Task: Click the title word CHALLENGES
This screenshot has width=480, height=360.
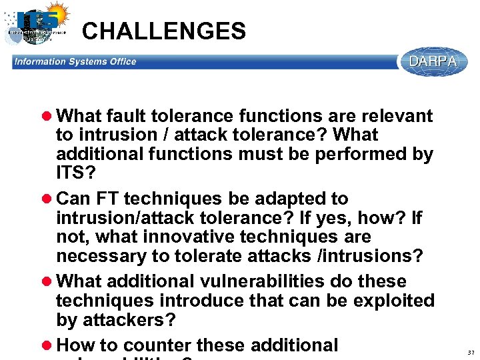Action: pyautogui.click(x=163, y=31)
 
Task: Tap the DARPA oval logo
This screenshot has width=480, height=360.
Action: pyautogui.click(x=433, y=61)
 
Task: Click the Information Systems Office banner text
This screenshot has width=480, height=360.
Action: pyautogui.click(x=75, y=62)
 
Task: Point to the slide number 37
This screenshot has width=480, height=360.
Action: pyautogui.click(x=471, y=352)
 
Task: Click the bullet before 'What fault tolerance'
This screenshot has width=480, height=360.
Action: pyautogui.click(x=49, y=116)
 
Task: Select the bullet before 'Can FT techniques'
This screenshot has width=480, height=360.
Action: pyautogui.click(x=49, y=199)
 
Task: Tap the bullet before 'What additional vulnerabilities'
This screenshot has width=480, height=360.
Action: pyautogui.click(x=49, y=281)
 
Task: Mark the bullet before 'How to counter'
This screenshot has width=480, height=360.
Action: pyautogui.click(x=49, y=345)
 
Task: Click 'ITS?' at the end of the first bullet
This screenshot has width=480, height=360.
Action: pyautogui.click(x=75, y=173)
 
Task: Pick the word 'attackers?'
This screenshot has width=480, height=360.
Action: pyautogui.click(x=129, y=320)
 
